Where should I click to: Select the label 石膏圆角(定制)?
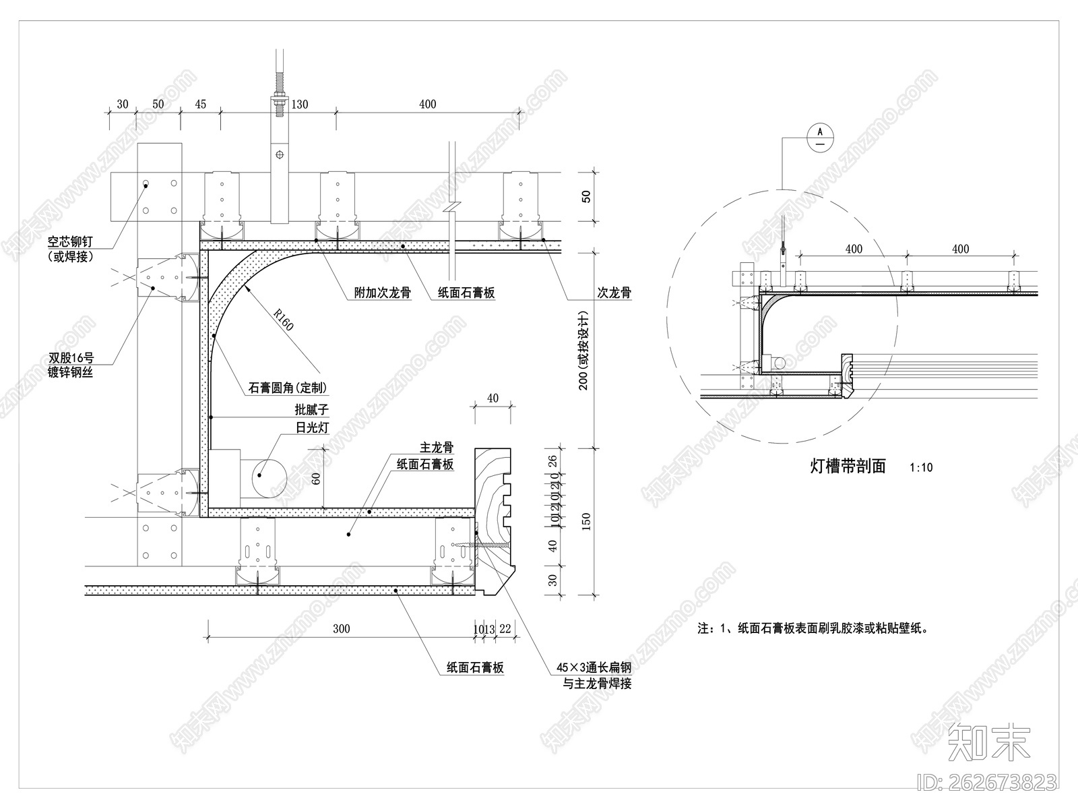288,388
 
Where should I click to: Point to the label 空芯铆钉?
69,241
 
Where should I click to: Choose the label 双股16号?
71,358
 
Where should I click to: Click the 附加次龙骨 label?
383,293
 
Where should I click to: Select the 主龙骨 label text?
436,448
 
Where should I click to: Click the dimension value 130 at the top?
299,104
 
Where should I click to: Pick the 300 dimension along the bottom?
342,629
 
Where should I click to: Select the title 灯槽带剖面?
848,466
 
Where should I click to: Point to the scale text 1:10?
920,467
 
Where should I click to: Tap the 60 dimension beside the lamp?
315,480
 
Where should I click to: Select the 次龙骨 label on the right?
614,293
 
